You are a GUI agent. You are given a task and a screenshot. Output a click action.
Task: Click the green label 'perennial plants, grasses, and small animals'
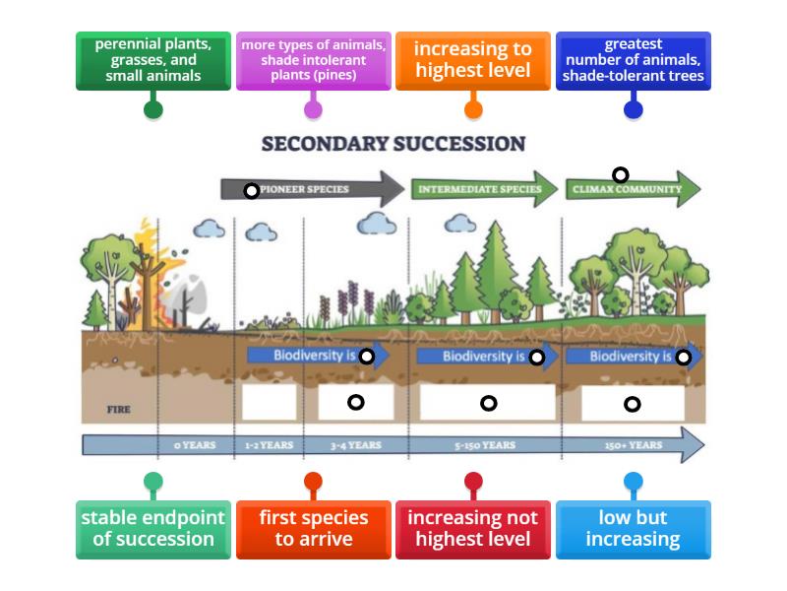tap(153, 60)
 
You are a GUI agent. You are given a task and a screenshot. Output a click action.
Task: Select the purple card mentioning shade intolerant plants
tap(313, 60)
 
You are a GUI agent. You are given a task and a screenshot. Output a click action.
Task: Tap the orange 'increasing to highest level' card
tap(473, 60)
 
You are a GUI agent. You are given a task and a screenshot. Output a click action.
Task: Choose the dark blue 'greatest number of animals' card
tap(634, 60)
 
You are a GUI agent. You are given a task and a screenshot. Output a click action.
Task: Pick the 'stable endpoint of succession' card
tap(153, 529)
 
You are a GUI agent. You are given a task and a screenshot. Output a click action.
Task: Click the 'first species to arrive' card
tap(313, 529)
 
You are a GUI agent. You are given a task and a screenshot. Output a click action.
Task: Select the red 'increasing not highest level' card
tap(473, 529)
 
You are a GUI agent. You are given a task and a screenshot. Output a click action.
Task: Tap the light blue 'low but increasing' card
tap(634, 529)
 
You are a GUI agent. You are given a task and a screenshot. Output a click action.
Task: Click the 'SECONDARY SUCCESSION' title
tap(393, 144)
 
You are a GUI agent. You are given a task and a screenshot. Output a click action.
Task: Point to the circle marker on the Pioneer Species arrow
tap(252, 190)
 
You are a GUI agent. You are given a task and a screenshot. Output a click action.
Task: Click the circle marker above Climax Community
tap(621, 175)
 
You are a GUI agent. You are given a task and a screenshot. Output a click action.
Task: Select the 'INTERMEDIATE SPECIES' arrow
tap(481, 189)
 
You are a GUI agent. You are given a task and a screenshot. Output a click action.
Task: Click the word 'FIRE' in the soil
tap(118, 409)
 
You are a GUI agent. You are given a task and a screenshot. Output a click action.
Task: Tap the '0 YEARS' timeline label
tap(195, 445)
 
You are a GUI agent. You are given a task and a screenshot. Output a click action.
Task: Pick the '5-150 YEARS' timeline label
tap(485, 445)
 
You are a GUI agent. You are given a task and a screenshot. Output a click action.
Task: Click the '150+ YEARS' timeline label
tap(633, 445)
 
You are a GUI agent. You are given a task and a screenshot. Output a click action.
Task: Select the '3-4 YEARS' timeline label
tap(355, 445)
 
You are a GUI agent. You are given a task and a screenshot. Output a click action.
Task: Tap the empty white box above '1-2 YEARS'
tap(269, 402)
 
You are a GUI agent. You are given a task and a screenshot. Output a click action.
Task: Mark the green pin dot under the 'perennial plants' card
tap(153, 109)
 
